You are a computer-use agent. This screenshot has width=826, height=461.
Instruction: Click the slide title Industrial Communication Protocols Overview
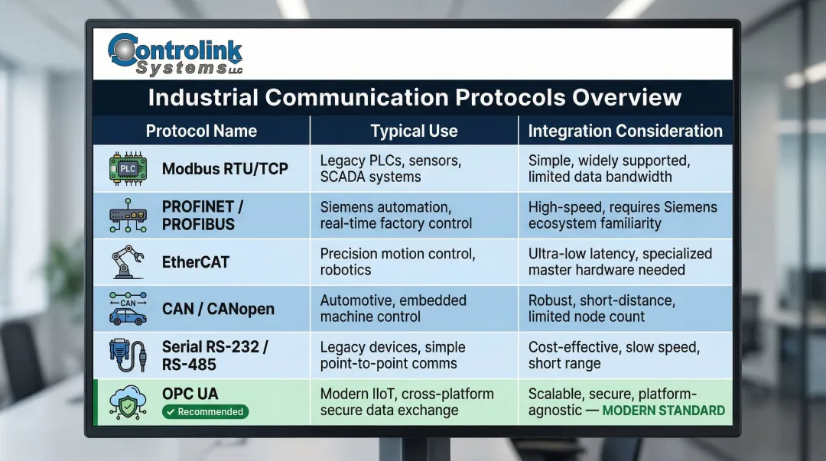[x=414, y=98]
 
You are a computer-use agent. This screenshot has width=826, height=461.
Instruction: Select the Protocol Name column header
[x=201, y=131]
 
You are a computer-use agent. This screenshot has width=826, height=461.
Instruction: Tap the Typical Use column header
[x=414, y=131]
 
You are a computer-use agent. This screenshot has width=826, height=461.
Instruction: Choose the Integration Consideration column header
[x=625, y=131]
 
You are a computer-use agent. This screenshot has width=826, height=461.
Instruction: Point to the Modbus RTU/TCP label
[x=225, y=168]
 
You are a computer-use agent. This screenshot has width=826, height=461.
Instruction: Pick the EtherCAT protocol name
[x=195, y=262]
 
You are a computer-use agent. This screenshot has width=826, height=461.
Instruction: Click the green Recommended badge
[x=205, y=412]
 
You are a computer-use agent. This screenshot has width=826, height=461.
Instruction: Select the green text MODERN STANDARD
[x=663, y=411]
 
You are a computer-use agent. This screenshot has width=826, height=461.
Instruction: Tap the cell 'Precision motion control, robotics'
[x=398, y=261]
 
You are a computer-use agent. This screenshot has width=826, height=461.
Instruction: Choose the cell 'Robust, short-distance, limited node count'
[x=602, y=308]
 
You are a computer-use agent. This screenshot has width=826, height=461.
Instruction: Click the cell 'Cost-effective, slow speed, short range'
[x=613, y=355]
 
